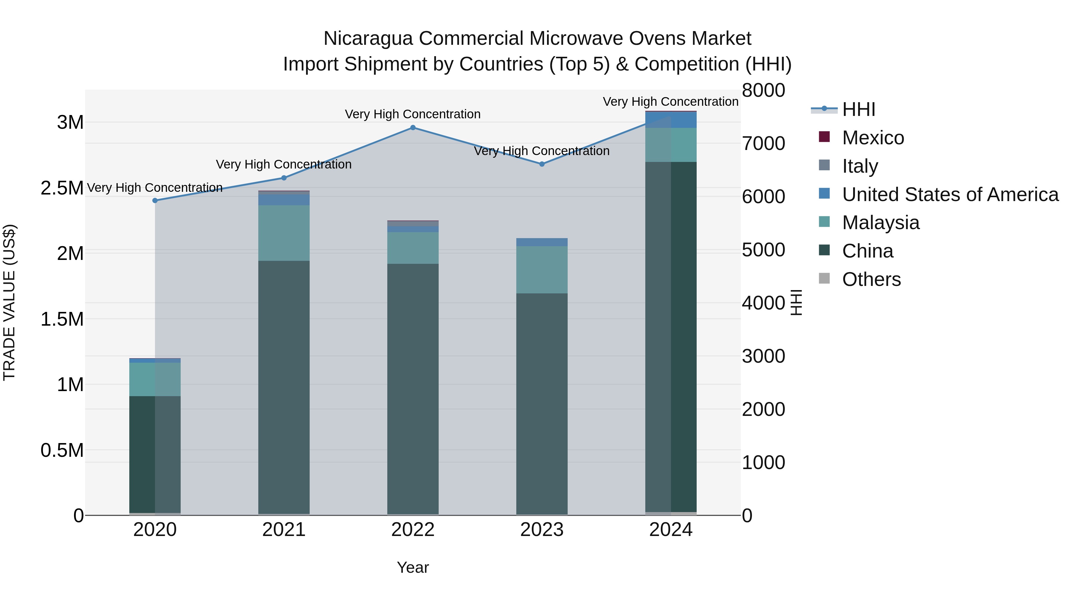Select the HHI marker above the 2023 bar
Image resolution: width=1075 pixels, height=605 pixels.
pos(542,164)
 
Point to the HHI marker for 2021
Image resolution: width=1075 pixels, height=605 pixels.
pos(284,178)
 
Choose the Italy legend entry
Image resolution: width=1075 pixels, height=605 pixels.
pos(860,166)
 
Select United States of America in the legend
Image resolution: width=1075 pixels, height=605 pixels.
pos(950,194)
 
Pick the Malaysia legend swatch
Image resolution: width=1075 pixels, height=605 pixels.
pos(824,222)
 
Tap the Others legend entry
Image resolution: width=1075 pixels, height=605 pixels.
pos(871,279)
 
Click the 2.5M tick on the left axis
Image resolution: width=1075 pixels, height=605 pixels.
pos(62,188)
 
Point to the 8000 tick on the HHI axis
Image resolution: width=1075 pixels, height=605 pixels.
pos(763,91)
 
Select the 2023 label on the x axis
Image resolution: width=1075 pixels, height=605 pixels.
pos(542,530)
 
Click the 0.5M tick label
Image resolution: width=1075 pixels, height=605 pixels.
pos(62,451)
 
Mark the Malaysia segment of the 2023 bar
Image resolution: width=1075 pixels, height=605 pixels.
pos(542,270)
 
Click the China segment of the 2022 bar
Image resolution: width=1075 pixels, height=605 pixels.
pos(413,388)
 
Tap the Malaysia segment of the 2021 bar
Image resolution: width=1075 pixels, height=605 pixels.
pos(284,233)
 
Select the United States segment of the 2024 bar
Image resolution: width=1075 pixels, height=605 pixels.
pos(671,120)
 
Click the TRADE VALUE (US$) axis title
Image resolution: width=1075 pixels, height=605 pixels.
pos(9,302)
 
